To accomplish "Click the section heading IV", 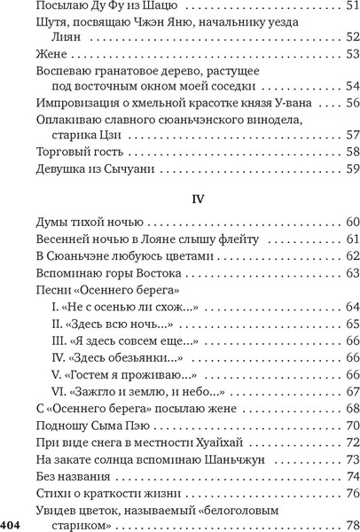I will pyautogui.click(x=198, y=199).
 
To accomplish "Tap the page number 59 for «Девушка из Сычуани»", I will pyautogui.click(x=351, y=168).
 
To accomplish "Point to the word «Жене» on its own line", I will pyautogui.click(x=51, y=55).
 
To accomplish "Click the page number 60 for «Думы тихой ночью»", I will pyautogui.click(x=351, y=223).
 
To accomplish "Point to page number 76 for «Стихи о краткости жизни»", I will pyautogui.click(x=351, y=492).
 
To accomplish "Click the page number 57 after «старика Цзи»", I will pyautogui.click(x=351, y=135).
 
